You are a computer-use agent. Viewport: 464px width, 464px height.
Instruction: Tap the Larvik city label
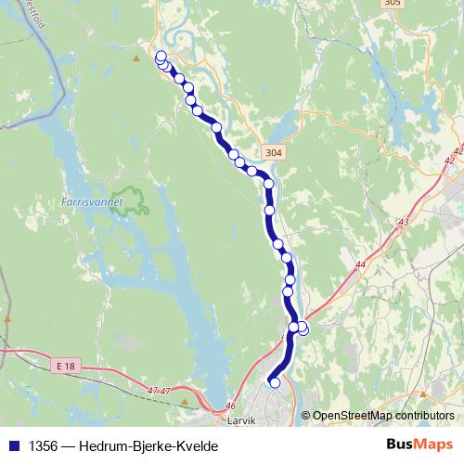coord(241,419)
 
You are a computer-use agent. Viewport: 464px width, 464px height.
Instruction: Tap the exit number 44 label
coord(360,265)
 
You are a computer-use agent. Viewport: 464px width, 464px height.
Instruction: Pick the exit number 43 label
coord(402,222)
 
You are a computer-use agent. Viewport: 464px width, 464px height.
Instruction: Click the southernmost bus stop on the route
coord(274,382)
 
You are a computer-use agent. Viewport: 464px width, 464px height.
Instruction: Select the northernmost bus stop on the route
coord(161,56)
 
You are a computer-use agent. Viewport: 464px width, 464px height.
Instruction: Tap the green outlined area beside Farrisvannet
coord(129,201)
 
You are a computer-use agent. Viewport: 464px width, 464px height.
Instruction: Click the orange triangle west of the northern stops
coord(135,58)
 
